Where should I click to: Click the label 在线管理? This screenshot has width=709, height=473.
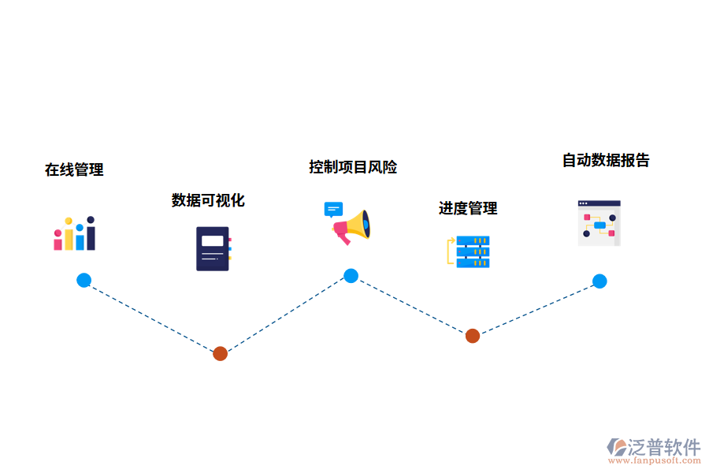(74, 169)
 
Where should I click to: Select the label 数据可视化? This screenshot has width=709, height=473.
(208, 200)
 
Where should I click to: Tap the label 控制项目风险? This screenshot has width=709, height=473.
(353, 167)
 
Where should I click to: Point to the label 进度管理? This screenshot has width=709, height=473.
(468, 208)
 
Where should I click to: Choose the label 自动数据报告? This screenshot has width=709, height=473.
(606, 160)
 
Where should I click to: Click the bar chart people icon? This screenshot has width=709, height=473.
(75, 233)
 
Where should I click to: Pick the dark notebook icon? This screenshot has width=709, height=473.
(213, 248)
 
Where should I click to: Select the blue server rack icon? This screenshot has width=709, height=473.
(473, 251)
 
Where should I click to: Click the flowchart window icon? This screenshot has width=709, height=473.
(599, 223)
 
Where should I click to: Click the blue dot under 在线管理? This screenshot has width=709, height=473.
(84, 280)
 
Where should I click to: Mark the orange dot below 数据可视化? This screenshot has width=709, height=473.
(220, 353)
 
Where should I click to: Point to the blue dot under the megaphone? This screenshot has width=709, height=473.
(351, 276)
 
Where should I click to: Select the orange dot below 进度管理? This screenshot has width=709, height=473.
(472, 336)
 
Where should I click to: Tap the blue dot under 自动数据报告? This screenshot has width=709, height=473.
(599, 281)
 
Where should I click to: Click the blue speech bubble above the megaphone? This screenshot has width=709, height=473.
(333, 210)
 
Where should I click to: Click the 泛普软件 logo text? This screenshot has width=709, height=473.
(664, 447)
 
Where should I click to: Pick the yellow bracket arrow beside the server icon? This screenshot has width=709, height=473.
(451, 251)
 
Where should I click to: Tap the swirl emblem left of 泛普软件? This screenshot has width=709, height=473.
(617, 448)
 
